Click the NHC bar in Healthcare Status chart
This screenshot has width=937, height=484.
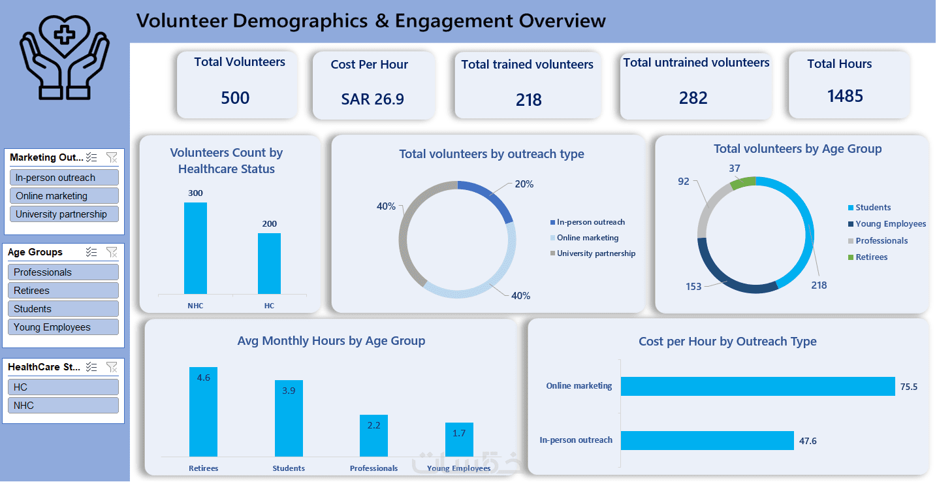(195, 248)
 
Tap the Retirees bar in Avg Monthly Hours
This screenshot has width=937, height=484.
(203, 411)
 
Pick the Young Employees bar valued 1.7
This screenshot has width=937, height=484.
(459, 440)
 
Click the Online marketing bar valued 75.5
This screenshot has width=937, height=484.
(757, 386)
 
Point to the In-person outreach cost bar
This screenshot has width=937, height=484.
(707, 440)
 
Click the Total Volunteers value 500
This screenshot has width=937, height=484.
(235, 98)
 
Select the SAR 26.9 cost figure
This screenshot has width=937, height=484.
(372, 99)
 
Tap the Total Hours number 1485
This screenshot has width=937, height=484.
(845, 96)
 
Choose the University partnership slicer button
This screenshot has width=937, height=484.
(63, 214)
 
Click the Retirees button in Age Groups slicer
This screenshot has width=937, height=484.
(63, 291)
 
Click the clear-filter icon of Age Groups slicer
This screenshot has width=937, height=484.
(112, 252)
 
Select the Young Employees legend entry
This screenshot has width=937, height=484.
(890, 224)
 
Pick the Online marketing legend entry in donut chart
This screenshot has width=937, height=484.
(587, 238)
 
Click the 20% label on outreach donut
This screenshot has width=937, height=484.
(524, 184)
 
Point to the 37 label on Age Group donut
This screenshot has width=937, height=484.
(735, 169)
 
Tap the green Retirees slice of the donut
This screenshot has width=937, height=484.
(743, 183)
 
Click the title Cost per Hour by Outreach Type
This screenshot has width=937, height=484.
(727, 342)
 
